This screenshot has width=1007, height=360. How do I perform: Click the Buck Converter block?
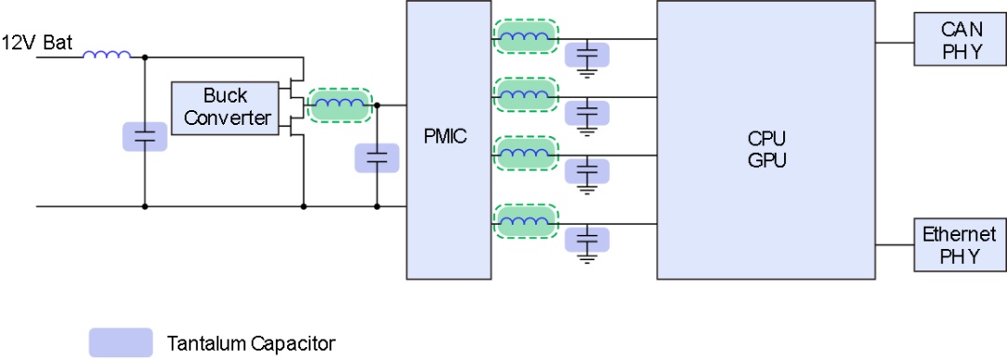226,108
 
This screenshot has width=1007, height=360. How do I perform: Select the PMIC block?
448,140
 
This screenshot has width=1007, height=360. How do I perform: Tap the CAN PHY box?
960,40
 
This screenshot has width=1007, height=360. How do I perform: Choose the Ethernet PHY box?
960,245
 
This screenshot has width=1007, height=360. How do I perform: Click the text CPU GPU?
766,149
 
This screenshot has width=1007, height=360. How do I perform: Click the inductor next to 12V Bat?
106,55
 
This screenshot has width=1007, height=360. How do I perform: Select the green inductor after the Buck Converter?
339,104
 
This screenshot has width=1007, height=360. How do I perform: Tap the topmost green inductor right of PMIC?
525,36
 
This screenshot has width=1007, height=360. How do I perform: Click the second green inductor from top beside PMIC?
525,95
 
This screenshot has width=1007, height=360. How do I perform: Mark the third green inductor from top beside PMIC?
525,153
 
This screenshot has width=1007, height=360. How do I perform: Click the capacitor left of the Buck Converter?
145,137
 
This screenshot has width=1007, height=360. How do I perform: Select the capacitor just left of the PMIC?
377,158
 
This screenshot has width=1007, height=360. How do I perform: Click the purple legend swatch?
120,342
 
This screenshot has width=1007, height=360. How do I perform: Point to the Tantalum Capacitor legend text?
251,342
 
